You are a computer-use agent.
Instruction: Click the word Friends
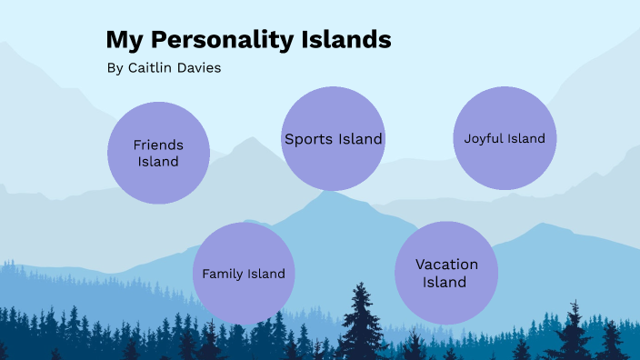158,145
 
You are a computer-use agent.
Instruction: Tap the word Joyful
484,139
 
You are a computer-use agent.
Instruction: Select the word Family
223,274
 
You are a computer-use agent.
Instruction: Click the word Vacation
446,265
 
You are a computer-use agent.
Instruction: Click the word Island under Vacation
446,282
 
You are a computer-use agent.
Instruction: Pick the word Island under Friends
158,162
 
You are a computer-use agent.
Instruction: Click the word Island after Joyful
526,139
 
